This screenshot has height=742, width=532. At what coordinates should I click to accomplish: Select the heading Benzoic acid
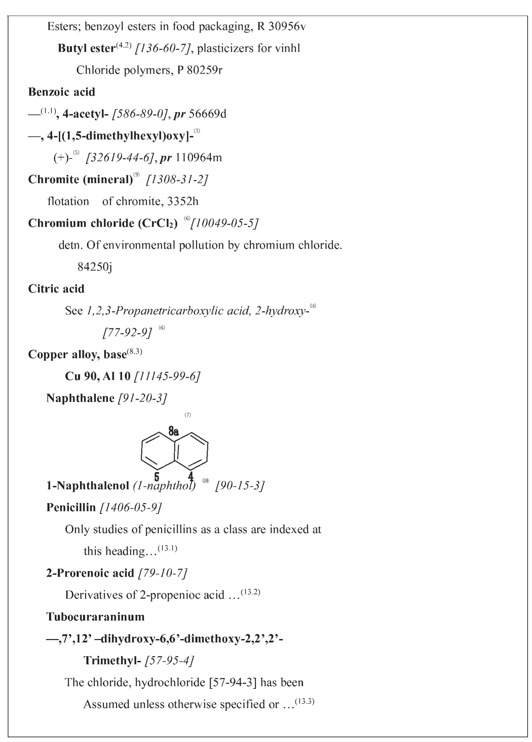62,92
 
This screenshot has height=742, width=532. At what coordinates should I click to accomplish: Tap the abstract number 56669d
207,114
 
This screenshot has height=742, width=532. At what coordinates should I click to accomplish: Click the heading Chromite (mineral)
80,180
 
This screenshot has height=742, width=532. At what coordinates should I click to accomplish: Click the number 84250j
95,267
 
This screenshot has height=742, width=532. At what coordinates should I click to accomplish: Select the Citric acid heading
56,289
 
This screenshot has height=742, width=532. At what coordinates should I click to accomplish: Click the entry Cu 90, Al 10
97,376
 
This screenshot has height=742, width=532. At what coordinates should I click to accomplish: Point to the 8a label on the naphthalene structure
173,431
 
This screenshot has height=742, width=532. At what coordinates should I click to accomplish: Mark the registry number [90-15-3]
240,486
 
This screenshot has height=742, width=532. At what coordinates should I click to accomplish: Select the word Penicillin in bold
71,508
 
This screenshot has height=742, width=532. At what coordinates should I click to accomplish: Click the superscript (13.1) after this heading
167,549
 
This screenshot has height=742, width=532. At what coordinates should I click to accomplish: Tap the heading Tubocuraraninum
95,617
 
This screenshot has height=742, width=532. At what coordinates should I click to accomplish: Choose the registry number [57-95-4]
169,661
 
